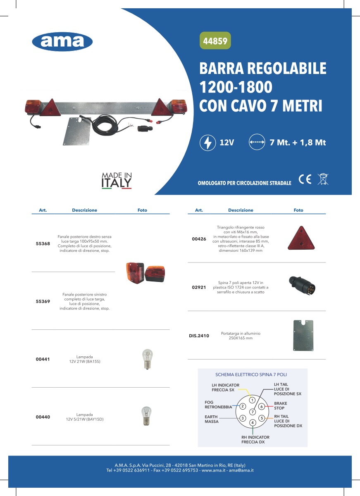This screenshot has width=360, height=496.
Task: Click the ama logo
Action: (62, 42)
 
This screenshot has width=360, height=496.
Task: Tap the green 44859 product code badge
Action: (215, 41)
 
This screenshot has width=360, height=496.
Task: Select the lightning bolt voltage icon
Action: (207, 143)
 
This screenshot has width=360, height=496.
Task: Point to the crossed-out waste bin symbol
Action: (322, 180)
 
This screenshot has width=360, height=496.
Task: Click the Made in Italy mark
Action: (117, 180)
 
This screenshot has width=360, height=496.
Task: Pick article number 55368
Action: (43, 244)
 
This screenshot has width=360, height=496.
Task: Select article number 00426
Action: (199, 239)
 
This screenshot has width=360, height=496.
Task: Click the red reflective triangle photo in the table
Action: (300, 238)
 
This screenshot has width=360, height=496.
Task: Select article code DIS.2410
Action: (199, 336)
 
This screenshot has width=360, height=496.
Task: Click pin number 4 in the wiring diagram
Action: (253, 422)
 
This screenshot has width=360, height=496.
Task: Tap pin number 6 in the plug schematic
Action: (262, 407)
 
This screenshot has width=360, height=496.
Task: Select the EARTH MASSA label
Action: (212, 419)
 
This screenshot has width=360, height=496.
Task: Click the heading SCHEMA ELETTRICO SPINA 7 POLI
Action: (251, 374)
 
